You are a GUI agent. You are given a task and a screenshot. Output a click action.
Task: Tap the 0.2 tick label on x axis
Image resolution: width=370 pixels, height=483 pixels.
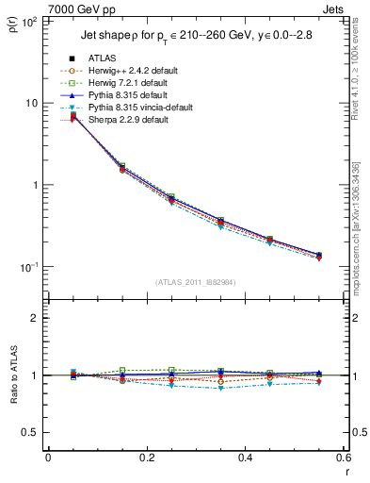pyautogui.click(x=146, y=458)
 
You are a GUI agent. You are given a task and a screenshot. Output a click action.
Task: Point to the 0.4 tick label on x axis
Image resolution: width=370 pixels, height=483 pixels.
pyautogui.click(x=245, y=458)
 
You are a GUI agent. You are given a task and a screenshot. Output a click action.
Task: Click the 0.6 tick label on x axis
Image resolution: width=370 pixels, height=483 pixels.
pyautogui.click(x=343, y=458)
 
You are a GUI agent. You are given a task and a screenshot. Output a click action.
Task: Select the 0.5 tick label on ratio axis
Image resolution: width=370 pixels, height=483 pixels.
pyautogui.click(x=31, y=432)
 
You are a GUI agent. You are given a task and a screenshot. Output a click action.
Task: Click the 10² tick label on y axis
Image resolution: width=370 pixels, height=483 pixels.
pyautogui.click(x=29, y=21)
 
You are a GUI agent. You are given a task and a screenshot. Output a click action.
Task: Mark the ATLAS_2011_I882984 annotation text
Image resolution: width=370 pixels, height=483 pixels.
pyautogui.click(x=195, y=282)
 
